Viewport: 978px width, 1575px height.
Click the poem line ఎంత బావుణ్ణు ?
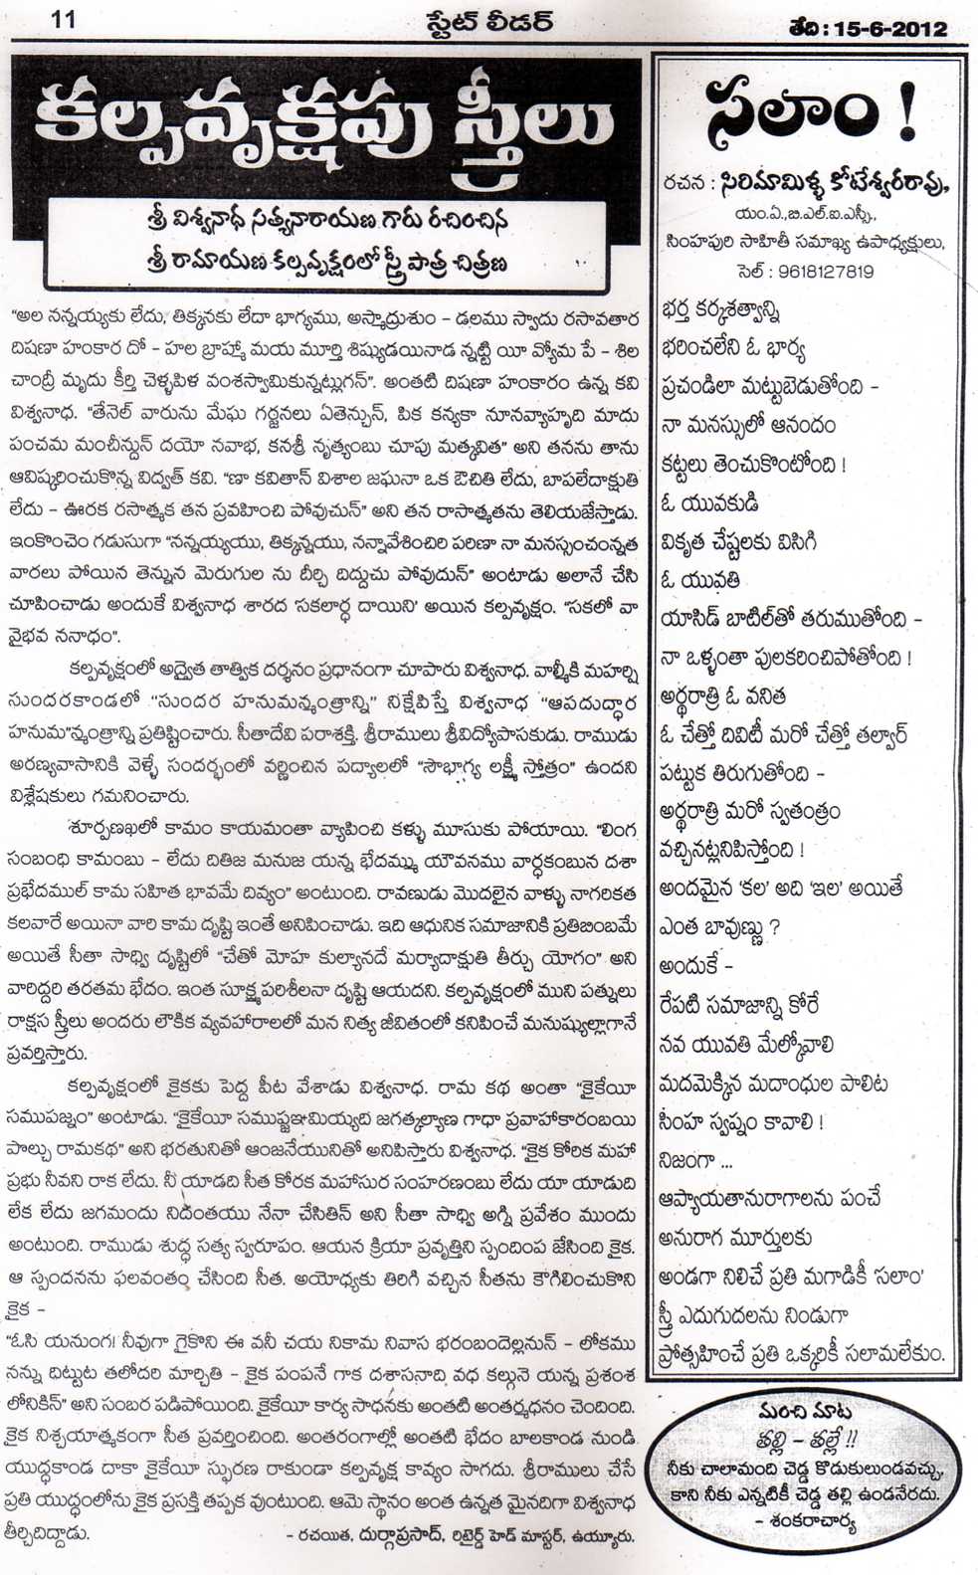(718, 927)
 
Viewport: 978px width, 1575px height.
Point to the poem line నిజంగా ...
(695, 1161)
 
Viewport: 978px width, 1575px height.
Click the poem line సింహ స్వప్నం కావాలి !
(740, 1122)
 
